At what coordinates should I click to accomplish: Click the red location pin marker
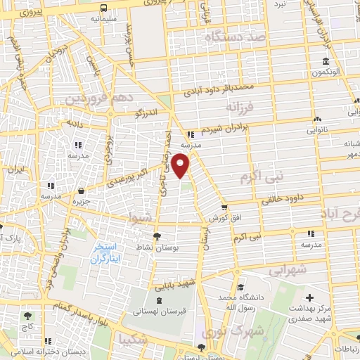tap(181, 166)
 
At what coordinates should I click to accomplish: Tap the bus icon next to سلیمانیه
tap(104, 8)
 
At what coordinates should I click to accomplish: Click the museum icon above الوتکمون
tap(326, 60)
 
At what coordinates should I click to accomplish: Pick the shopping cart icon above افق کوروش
tap(224, 207)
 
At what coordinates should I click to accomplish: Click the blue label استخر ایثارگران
tap(108, 254)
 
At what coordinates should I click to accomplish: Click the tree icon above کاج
tap(27, 316)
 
